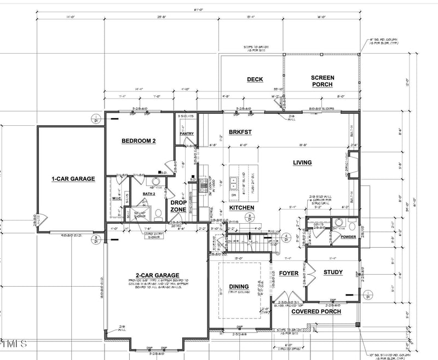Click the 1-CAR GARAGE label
click(x=73, y=178)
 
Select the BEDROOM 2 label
click(x=139, y=141)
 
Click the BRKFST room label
click(x=240, y=132)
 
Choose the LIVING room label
click(x=302, y=162)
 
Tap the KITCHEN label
click(x=241, y=208)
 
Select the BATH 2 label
click(x=141, y=194)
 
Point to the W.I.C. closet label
click(x=116, y=198)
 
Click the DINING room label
click(x=239, y=286)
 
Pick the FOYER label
click(x=289, y=273)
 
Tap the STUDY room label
click(x=332, y=272)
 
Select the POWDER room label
click(x=348, y=237)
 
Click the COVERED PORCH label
click(x=316, y=311)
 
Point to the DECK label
click(x=255, y=79)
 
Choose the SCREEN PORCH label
click(x=322, y=81)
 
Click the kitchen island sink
click(x=234, y=178)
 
